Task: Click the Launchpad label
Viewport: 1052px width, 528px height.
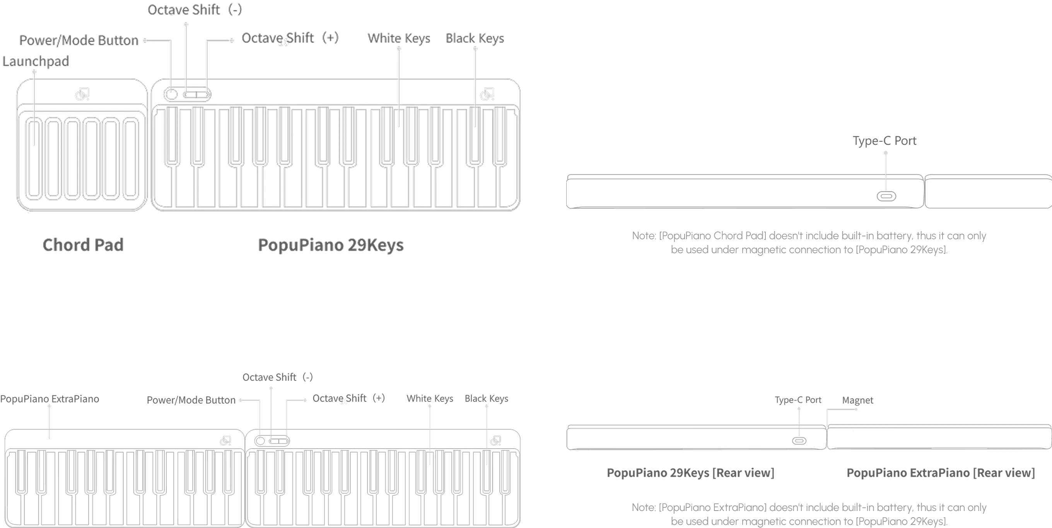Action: pos(36,61)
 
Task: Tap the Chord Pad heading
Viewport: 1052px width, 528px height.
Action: pos(83,245)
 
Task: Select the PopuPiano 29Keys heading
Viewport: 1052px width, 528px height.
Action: pos(331,245)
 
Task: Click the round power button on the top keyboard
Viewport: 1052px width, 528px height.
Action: pos(171,94)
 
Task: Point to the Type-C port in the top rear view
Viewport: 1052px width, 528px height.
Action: pos(886,196)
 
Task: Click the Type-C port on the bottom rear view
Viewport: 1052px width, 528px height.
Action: pos(799,441)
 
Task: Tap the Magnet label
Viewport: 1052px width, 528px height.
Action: pos(857,400)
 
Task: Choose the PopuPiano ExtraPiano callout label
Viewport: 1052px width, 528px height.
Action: pos(50,399)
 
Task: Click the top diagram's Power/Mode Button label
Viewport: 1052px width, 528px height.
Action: pos(79,40)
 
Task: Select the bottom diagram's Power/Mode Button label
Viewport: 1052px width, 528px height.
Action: pos(191,400)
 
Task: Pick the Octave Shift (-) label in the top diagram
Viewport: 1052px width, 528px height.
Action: pos(195,9)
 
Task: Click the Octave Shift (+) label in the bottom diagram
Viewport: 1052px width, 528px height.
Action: pos(349,398)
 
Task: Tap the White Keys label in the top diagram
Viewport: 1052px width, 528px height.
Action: pos(399,38)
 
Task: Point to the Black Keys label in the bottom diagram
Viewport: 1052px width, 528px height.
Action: pos(487,398)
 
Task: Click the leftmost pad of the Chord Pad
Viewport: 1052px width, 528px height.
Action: pos(34,158)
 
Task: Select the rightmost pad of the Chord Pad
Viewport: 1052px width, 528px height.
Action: pos(131,158)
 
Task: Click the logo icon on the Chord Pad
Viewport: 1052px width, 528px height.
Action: pos(82,94)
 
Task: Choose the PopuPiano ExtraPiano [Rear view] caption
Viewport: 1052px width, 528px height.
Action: pos(941,473)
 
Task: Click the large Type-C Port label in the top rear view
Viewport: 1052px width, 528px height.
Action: pos(885,141)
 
